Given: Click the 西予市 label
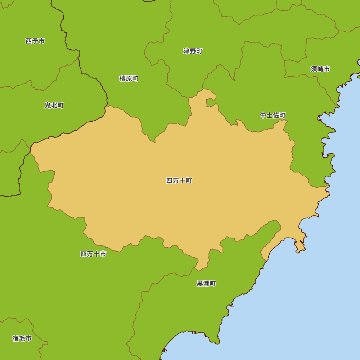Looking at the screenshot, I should [35, 41].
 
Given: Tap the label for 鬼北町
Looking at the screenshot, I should [54, 105].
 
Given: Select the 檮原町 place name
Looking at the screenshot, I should [129, 78].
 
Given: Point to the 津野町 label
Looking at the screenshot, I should [193, 51].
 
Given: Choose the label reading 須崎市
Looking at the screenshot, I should [320, 69].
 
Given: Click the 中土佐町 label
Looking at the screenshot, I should [273, 115].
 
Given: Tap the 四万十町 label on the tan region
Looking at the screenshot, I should [179, 181].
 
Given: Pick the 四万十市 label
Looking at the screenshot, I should [93, 254].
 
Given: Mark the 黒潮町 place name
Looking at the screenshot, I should [206, 283].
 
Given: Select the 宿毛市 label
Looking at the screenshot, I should [22, 338].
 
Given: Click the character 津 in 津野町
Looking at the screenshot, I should [186, 51].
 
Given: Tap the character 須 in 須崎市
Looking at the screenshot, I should [314, 69].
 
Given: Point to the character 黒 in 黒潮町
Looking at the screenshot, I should [200, 283].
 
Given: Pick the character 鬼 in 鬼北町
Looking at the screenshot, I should [48, 105].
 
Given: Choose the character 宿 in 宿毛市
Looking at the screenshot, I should [15, 338].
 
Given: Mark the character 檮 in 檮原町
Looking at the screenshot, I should [122, 78].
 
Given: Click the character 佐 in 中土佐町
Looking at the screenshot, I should [276, 115].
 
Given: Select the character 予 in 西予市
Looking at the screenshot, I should [35, 41].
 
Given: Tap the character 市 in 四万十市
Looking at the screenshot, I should [103, 254].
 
